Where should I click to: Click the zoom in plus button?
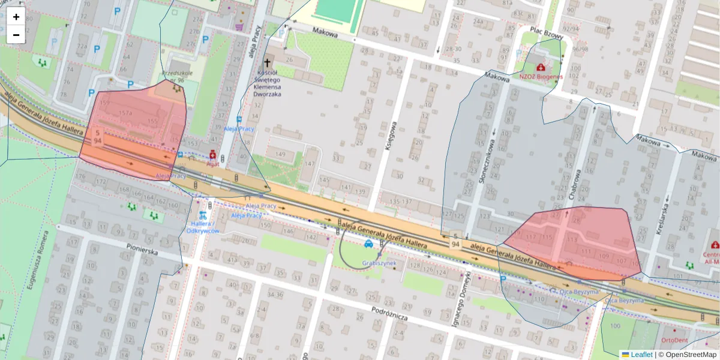click(x=16, y=17)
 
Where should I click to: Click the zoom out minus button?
click(x=16, y=35)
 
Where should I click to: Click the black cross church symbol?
click(x=268, y=62)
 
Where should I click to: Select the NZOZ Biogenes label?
click(x=541, y=77)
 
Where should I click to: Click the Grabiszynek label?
click(x=379, y=263)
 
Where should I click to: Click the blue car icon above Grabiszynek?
click(x=368, y=244)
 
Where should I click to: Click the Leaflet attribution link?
click(x=641, y=355)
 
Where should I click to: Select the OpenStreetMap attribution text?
click(x=690, y=355)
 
